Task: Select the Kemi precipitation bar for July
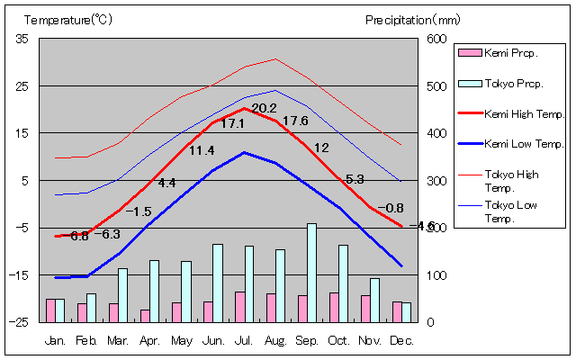tap(239, 306)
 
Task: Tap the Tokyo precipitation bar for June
tap(217, 283)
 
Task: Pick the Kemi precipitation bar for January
tap(50, 310)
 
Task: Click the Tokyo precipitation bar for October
tap(343, 283)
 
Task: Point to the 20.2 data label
tap(264, 108)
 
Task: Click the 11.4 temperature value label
tap(202, 150)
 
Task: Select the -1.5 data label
tap(138, 211)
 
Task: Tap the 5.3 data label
tap(355, 179)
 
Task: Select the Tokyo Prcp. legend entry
tap(510, 83)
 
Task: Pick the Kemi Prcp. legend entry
tap(510, 53)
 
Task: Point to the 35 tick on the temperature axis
tap(22, 39)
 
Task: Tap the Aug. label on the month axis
tap(275, 340)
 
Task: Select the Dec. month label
tap(401, 340)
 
